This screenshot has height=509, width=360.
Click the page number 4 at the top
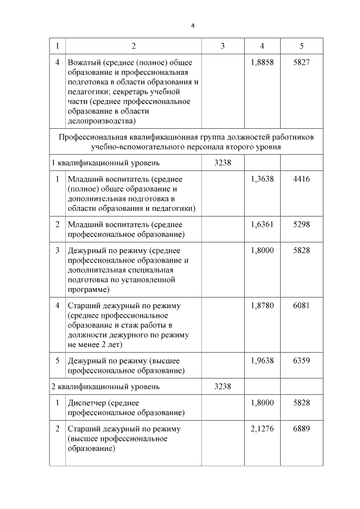point(192,26)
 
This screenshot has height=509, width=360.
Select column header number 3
point(223,46)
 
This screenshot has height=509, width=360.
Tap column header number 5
point(301,46)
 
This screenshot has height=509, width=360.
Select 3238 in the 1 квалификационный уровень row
point(223,163)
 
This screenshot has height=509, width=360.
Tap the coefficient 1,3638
point(262,179)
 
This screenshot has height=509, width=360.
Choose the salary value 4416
point(301,179)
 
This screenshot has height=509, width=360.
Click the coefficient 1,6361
point(262,223)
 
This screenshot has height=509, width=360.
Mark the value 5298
point(301,223)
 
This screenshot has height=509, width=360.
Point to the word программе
point(88,290)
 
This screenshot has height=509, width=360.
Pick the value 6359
point(301,361)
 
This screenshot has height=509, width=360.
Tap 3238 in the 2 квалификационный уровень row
point(223,386)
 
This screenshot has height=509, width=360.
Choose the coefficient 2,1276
point(262,429)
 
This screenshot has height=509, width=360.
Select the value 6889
point(301,429)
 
